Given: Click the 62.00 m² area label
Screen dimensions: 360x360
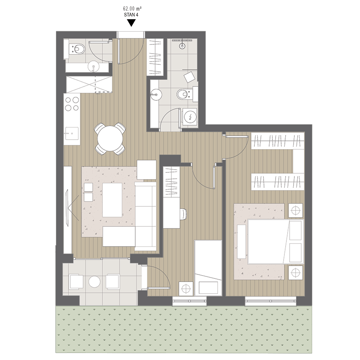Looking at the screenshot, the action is tap(132, 9).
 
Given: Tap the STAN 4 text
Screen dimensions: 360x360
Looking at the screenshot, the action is tap(131, 15).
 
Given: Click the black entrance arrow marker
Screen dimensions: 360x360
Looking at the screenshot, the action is tap(131, 23).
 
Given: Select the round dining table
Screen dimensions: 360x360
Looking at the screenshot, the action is tap(110, 138).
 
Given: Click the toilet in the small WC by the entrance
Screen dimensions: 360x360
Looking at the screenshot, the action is tap(78, 49).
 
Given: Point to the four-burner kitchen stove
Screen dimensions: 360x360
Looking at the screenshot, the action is tap(72, 104).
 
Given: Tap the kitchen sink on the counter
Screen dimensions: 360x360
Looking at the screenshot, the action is tap(72, 133).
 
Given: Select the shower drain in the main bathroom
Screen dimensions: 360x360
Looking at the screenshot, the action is tap(182, 46).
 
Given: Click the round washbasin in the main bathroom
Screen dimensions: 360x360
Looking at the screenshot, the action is tap(156, 94).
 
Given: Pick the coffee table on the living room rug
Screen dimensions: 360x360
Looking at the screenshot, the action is tap(112, 200).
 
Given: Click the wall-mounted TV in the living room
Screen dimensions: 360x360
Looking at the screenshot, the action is tap(67, 208).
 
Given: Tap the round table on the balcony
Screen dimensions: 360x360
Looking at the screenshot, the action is tap(94, 281).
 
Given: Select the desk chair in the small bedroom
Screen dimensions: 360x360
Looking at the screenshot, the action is tap(184, 214).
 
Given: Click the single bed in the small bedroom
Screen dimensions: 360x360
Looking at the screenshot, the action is tap(208, 268).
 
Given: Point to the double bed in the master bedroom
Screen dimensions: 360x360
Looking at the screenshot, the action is tap(276, 242).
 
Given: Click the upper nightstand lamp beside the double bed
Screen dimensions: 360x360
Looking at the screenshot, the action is tap(296, 210).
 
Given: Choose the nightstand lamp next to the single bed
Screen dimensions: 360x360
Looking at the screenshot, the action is tap(186, 289).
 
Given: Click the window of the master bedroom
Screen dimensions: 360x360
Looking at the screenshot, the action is tap(271, 301).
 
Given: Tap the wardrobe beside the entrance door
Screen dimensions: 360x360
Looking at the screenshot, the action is tap(155, 57).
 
